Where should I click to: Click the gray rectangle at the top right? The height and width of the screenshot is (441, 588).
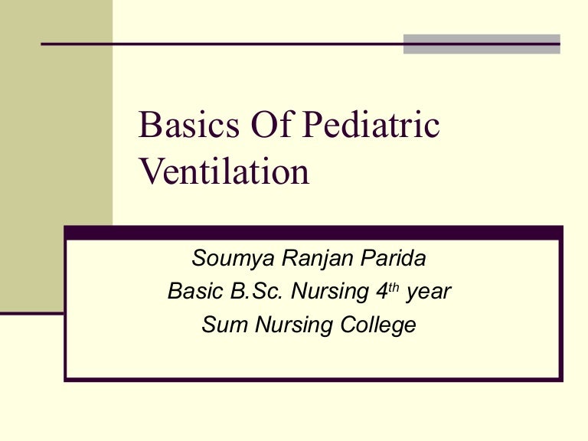(x=482, y=44)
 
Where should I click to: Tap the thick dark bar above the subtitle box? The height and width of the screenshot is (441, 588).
(x=314, y=231)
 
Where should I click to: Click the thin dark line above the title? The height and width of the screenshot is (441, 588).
(x=222, y=44)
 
